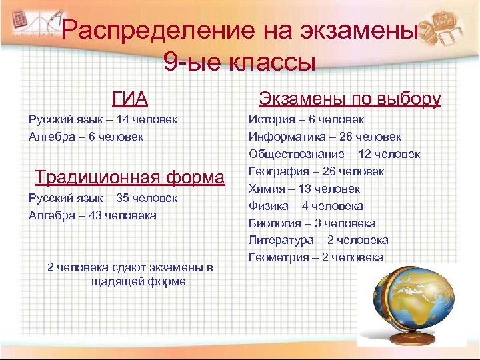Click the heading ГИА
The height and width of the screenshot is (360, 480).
coord(130,99)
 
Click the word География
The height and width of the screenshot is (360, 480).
coord(275,171)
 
